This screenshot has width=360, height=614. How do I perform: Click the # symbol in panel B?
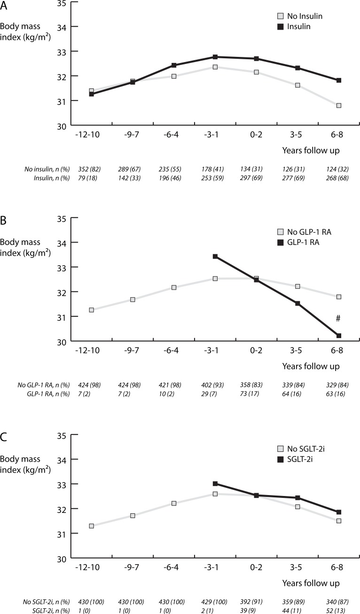[x=338, y=319]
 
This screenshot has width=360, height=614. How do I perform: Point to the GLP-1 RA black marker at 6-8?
[x=338, y=335]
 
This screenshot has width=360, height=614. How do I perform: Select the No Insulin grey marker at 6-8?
[x=338, y=105]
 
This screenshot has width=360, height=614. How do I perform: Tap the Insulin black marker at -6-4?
[x=174, y=65]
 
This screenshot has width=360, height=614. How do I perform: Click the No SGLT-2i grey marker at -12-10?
[x=92, y=526]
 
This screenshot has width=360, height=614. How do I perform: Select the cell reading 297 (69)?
[x=256, y=178]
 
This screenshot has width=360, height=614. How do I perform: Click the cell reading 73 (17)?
[x=256, y=394]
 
